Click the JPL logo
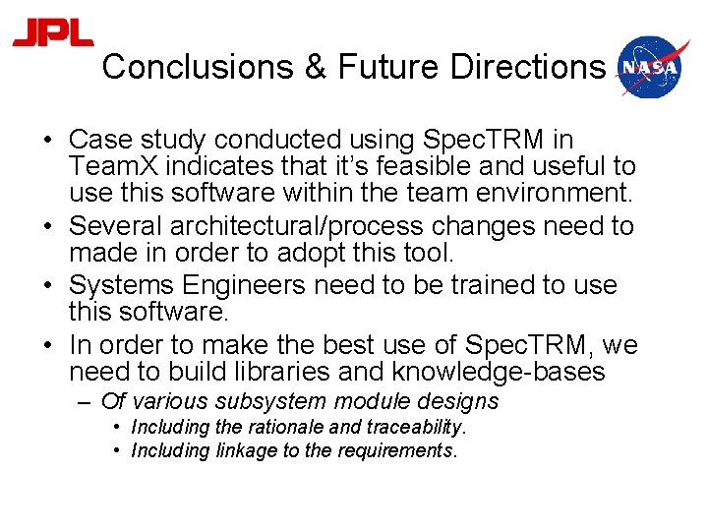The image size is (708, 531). click(53, 33)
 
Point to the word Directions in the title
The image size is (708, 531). click(528, 67)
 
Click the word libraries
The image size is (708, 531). click(329, 372)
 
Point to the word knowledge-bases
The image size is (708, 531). click(499, 372)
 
